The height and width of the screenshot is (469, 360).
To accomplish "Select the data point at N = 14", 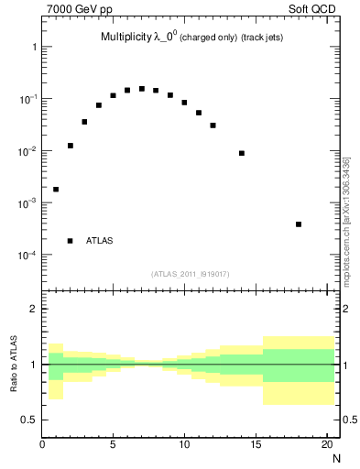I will point(242,153).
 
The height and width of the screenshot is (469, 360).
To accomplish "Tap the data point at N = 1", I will point(56,190).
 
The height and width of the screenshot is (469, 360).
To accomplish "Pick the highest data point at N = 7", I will point(142,89).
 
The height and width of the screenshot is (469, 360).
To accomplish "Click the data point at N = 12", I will point(213,125).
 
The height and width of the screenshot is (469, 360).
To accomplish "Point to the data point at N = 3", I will point(84,122).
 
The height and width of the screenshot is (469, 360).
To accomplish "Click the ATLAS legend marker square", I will point(71,241).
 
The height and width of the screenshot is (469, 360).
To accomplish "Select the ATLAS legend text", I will point(100,241).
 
